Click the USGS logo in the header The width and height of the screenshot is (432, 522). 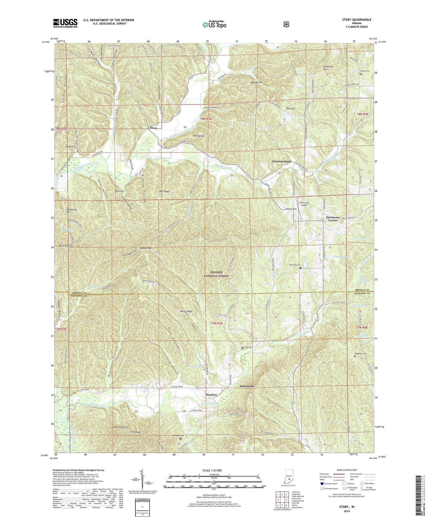pyautogui.click(x=65, y=23)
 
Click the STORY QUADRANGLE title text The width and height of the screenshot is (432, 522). pyautogui.click(x=357, y=20)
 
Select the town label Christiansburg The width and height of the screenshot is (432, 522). pyautogui.click(x=281, y=161)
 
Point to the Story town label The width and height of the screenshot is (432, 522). pyautogui.click(x=153, y=128)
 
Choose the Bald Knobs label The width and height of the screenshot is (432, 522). pyautogui.click(x=247, y=386)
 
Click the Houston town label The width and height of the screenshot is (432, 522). pyautogui.click(x=211, y=395)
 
